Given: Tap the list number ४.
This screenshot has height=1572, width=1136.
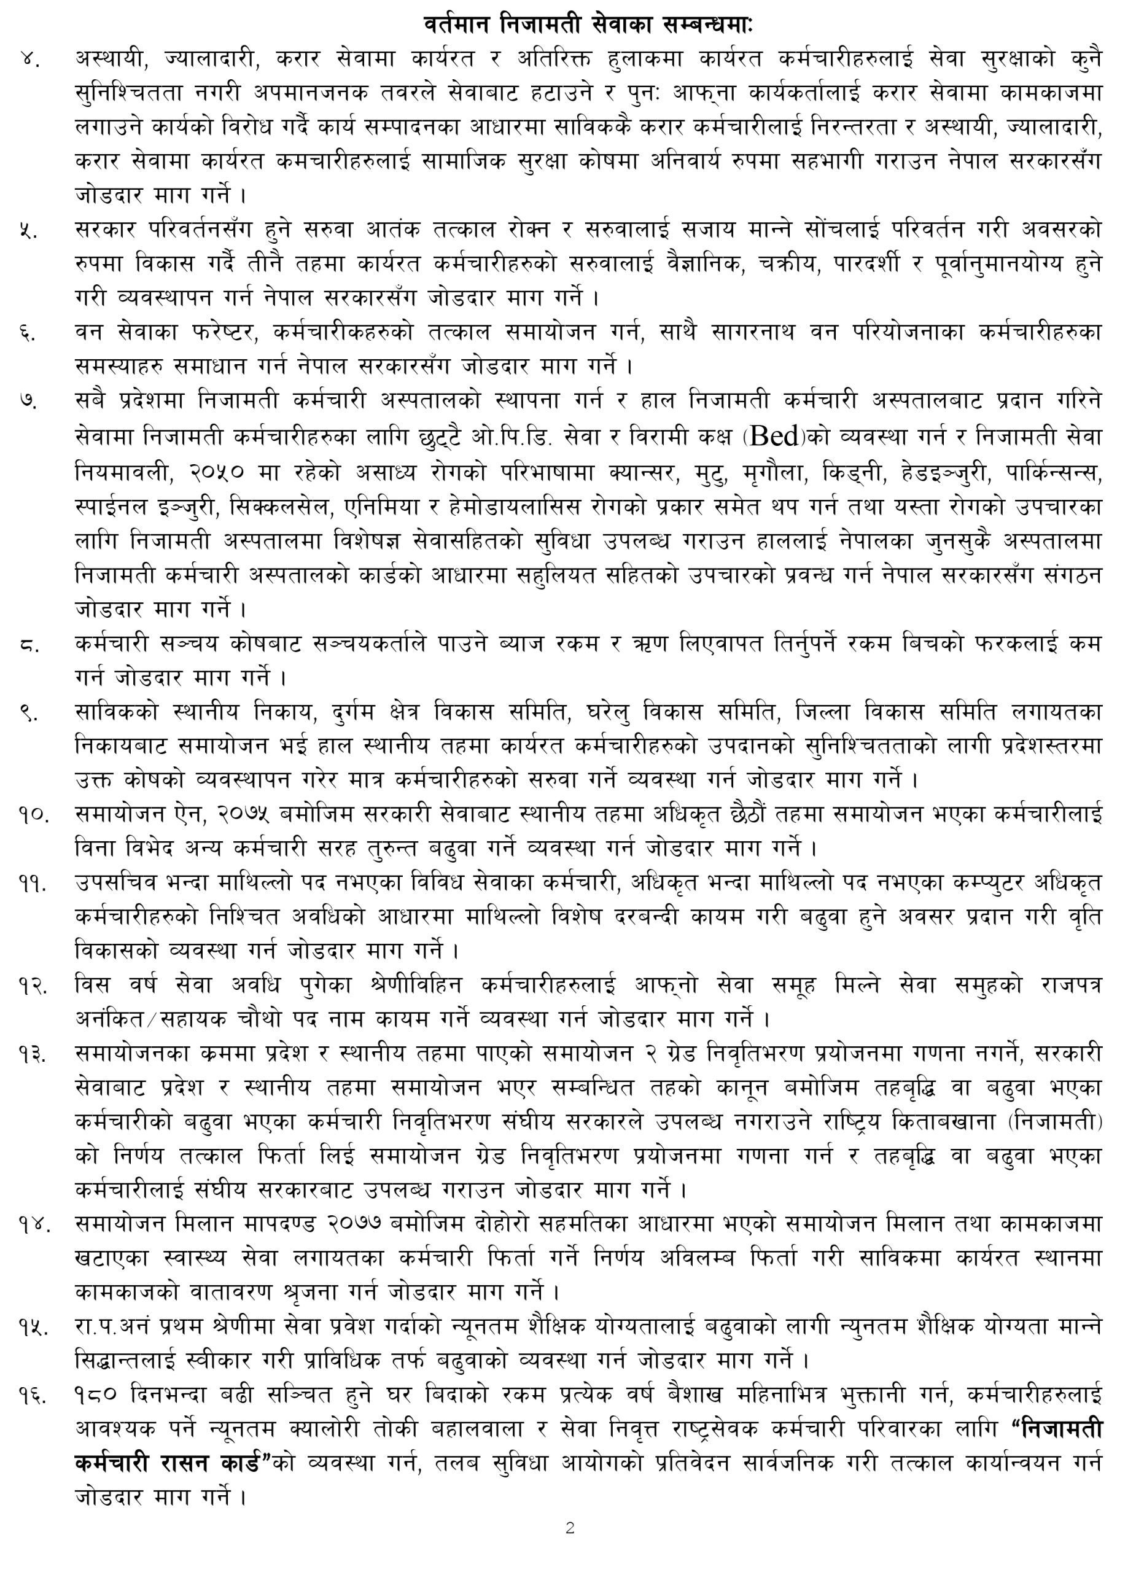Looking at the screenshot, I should coord(30,60).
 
